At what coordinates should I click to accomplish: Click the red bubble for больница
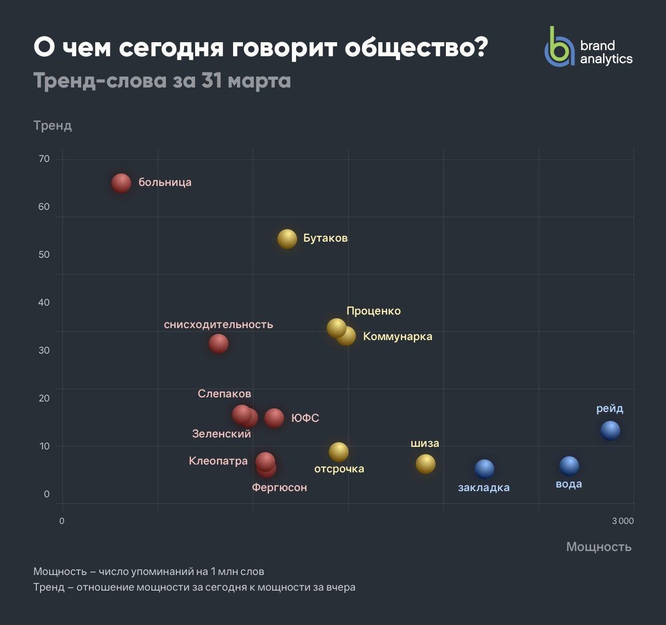click(121, 183)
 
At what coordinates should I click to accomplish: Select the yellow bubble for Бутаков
click(287, 239)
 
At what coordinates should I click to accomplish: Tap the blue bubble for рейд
click(610, 430)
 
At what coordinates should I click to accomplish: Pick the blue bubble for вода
click(569, 466)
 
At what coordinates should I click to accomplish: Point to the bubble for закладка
click(484, 469)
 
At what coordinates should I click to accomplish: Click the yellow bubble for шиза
click(425, 464)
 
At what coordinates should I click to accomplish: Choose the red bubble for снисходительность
click(219, 343)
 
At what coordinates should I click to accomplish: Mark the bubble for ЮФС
click(274, 418)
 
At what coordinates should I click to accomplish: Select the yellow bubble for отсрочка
click(338, 452)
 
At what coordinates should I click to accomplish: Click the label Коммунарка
click(398, 336)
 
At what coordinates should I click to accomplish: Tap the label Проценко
click(374, 311)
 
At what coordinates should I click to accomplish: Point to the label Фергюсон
click(279, 488)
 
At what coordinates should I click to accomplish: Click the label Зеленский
click(221, 433)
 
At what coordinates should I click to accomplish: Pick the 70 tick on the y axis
click(44, 159)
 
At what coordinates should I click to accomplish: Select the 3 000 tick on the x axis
click(622, 521)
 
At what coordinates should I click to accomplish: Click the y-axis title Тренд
click(53, 126)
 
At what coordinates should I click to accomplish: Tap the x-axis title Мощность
click(598, 546)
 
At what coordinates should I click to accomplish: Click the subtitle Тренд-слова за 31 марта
click(162, 81)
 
